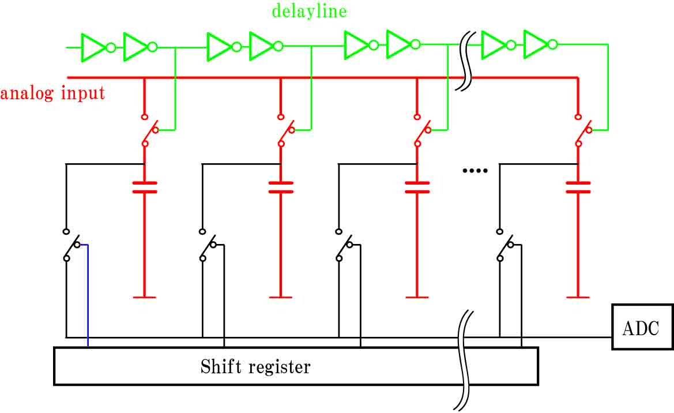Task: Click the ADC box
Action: point(643,327)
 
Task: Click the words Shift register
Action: point(255,367)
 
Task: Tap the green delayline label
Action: point(309,11)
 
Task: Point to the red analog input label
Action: point(52,93)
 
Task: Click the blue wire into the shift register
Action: point(87,295)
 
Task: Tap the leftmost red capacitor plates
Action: point(144,187)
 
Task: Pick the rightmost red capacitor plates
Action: point(578,187)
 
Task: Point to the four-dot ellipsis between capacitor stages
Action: point(475,171)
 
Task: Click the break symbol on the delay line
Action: point(465,61)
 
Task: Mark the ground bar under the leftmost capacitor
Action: point(144,297)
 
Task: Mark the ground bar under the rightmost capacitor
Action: point(578,297)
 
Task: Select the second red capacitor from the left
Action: point(281,187)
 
